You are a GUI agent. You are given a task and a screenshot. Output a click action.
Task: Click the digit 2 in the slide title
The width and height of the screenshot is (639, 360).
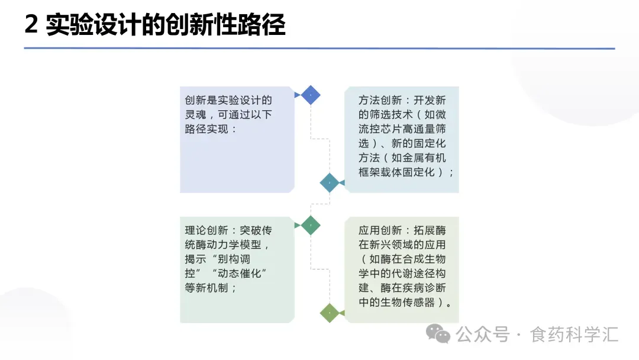[x=31, y=25]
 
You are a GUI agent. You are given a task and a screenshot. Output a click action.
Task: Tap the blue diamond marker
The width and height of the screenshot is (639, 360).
[x=311, y=95]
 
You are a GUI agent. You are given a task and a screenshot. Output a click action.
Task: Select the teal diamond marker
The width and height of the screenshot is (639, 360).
[x=330, y=183]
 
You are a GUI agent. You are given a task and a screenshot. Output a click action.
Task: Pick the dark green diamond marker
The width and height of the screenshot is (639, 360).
[x=311, y=225]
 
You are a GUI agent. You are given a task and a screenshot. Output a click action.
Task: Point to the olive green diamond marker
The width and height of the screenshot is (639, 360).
[x=330, y=312]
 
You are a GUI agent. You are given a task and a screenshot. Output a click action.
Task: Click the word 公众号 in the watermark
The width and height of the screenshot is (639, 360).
[x=482, y=335]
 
